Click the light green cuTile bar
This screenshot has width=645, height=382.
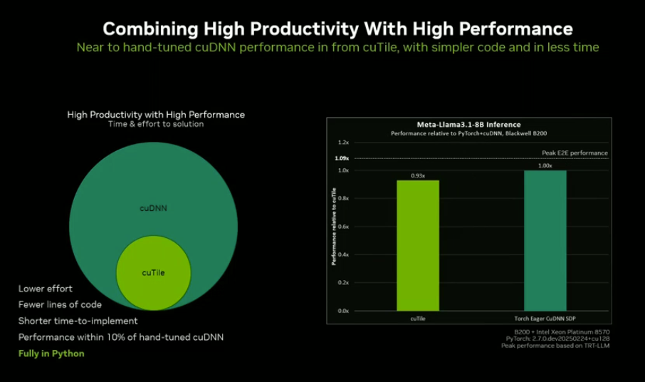[x=418, y=245]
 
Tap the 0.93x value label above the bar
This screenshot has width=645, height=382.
[x=418, y=175]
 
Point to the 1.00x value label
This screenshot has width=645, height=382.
[x=545, y=165]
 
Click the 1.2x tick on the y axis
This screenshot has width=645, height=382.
[x=344, y=143]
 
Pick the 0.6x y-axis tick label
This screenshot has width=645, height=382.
[x=344, y=227]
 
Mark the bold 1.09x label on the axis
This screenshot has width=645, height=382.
[x=342, y=158]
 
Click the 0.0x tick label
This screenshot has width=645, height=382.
[x=344, y=311]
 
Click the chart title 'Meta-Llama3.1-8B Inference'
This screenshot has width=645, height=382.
[x=468, y=125]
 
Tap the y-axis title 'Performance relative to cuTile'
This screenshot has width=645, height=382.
[x=332, y=226]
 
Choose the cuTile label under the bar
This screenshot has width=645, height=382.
[x=418, y=318]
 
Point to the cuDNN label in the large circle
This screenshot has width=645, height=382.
[x=153, y=209]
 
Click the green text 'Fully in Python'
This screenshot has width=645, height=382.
[x=51, y=353]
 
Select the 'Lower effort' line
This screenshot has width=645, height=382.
[x=46, y=289]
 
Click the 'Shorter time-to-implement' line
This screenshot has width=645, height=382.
[x=78, y=321]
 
